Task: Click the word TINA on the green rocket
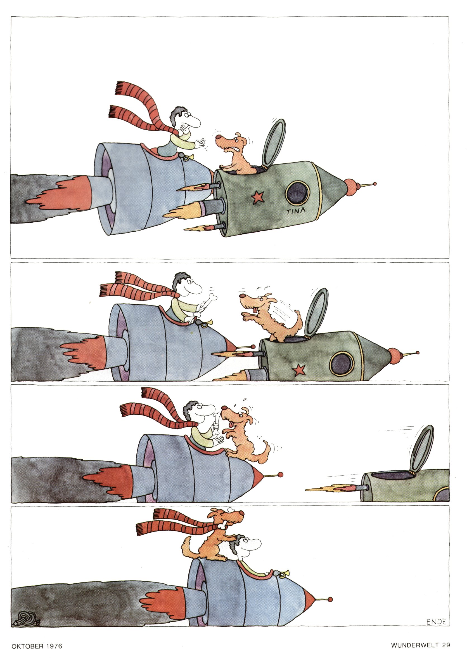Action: pyautogui.click(x=296, y=211)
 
